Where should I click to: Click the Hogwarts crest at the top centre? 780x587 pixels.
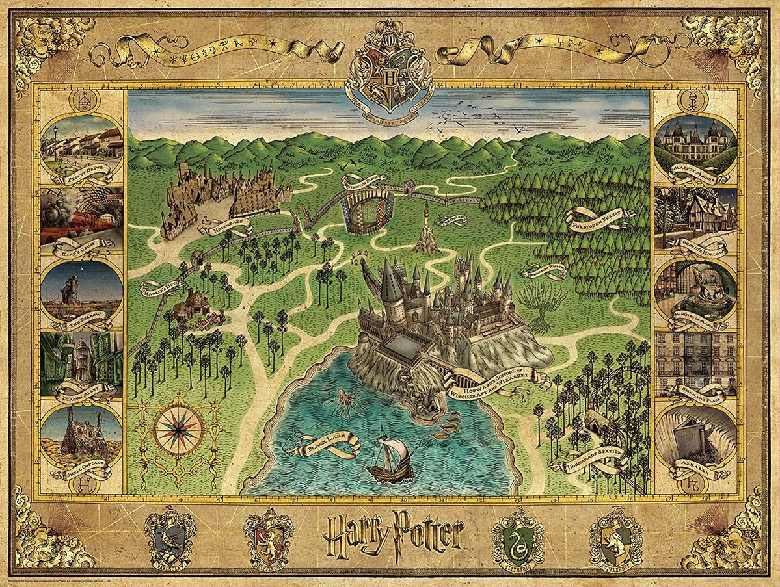tap(390, 65)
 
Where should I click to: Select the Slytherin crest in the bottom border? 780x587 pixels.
tap(518, 536)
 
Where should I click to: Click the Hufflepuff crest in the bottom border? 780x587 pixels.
tap(615, 537)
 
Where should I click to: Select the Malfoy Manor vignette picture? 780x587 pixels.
tap(696, 144)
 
